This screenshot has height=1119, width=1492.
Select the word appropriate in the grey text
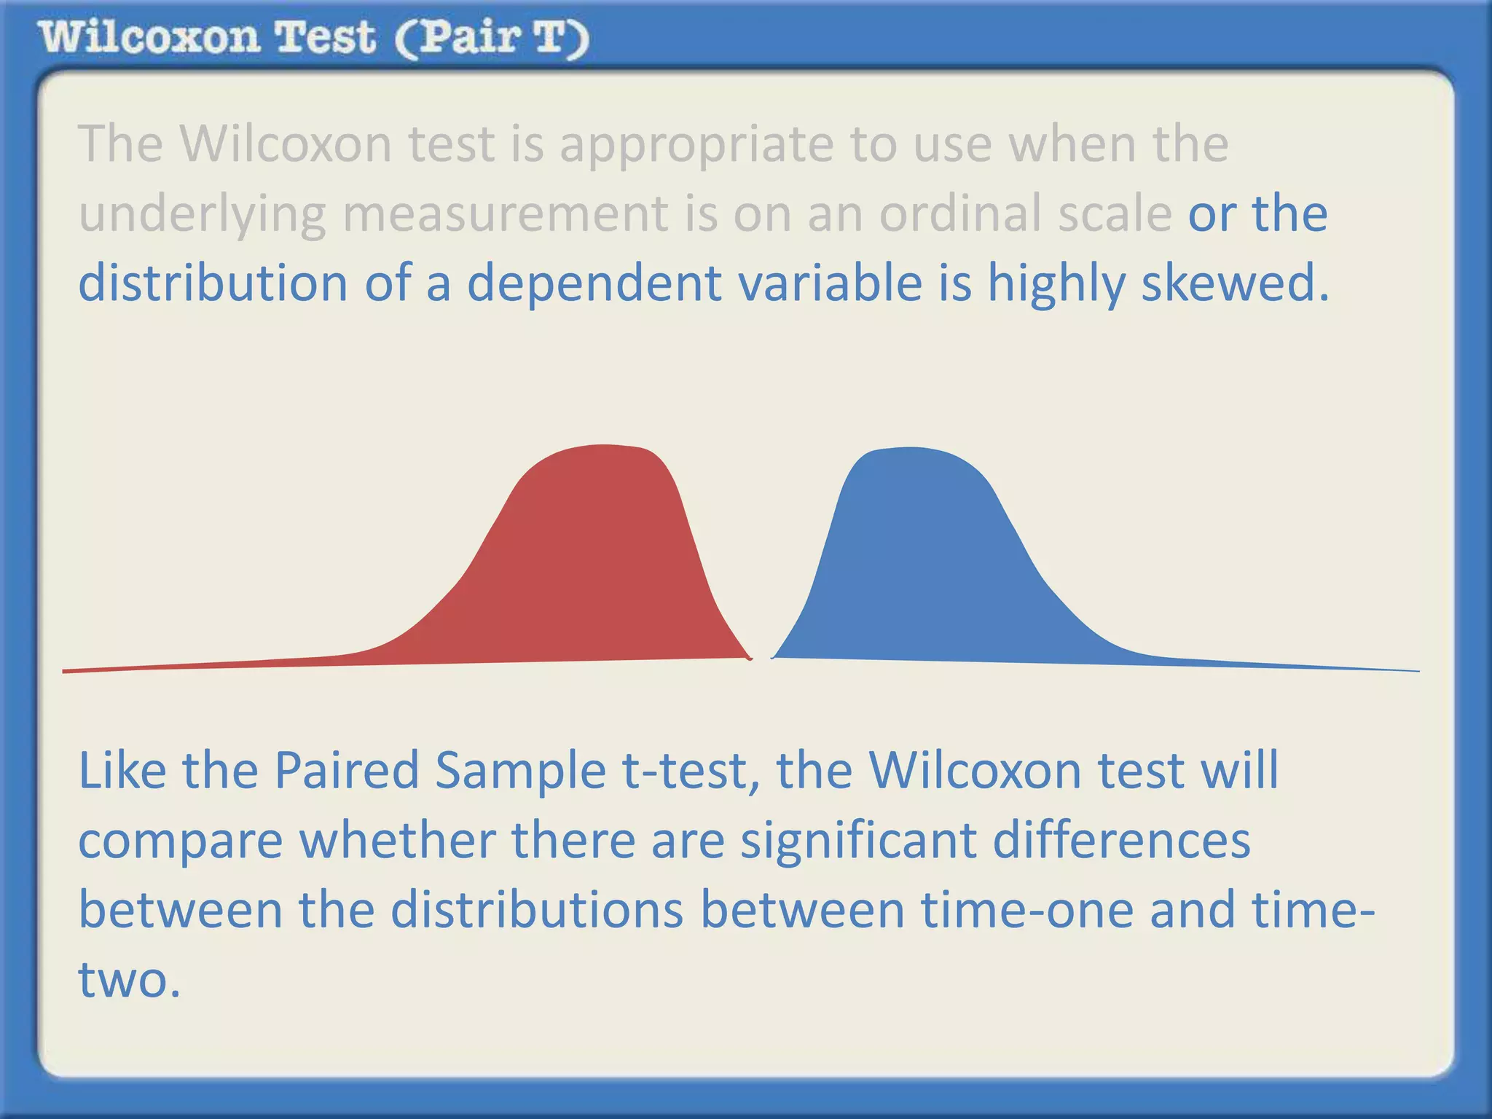pos(696,144)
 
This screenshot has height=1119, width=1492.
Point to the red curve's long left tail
pos(219,664)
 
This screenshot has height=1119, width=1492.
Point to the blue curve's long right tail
pos(1275,665)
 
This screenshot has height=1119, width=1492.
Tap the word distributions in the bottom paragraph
pos(537,910)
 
